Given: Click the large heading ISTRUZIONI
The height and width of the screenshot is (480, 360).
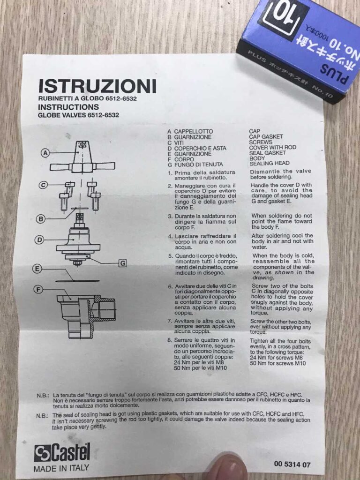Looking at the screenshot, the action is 97,86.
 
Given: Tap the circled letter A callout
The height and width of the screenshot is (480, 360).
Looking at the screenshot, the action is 45,153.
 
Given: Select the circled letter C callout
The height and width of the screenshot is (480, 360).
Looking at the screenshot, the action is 44,185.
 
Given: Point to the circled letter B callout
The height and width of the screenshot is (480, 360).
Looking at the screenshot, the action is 40,219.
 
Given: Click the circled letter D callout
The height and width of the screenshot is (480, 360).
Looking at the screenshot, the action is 39,240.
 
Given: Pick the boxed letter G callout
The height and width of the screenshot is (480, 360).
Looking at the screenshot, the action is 122,263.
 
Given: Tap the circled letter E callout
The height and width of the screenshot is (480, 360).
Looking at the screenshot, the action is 37,269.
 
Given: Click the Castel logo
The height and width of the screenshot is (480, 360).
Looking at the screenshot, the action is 62,452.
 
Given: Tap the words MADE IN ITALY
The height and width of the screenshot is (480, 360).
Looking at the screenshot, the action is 61,468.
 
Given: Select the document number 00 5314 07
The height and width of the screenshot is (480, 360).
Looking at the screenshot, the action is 292,464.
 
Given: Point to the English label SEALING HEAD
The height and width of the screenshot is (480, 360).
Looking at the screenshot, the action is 270,164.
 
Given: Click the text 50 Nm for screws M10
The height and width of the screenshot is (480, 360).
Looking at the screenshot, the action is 278,363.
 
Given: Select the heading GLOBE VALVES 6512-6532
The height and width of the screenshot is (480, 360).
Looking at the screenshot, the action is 78,115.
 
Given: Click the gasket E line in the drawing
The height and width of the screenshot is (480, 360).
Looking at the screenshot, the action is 77,280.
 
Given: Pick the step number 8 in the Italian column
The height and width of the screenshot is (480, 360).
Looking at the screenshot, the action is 170,340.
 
